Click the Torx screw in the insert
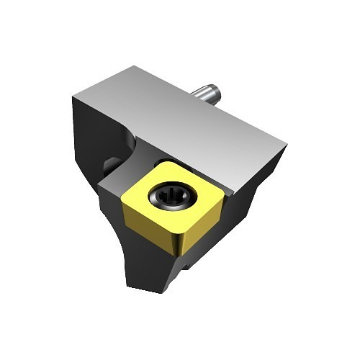(x=171, y=197)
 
